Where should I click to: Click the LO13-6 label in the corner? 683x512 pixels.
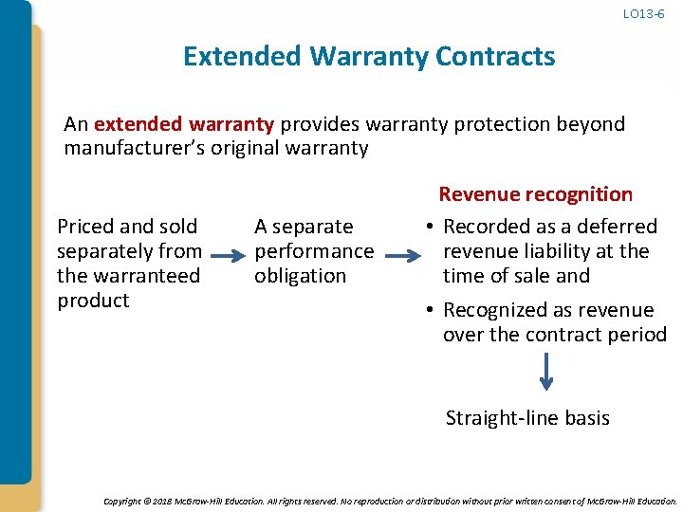coord(643,14)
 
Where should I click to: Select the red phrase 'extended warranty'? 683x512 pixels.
coord(184,124)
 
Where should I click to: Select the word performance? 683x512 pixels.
coord(314,251)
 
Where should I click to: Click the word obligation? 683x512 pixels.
coord(300,276)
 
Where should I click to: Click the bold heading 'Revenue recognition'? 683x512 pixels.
coord(535,194)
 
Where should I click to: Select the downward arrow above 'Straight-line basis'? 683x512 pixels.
coord(546,372)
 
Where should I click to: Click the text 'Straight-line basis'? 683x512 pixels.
coord(527,418)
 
